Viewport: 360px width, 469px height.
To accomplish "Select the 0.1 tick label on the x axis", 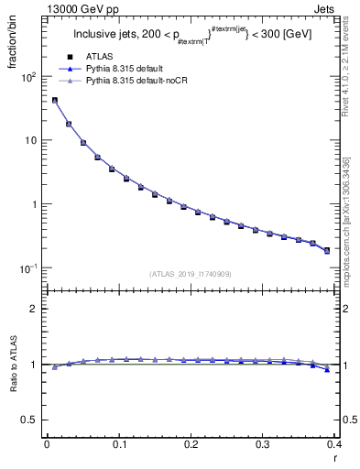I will (x=118, y=444).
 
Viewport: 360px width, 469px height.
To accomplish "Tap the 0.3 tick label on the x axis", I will (x=262, y=444).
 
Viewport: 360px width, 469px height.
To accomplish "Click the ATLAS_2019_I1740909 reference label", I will (x=191, y=274).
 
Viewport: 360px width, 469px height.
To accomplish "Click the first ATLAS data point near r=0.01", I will (x=54, y=101).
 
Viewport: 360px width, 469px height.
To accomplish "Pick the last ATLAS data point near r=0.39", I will (x=327, y=250).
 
